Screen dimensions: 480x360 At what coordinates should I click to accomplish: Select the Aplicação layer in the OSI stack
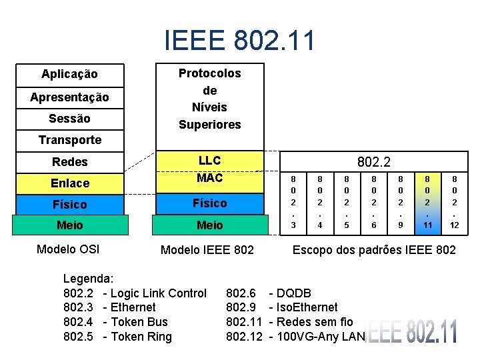69,74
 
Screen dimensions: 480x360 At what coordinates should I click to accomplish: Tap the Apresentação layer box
69,97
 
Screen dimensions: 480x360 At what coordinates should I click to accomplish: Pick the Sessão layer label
69,118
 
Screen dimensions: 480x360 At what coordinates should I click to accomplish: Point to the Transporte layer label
70,139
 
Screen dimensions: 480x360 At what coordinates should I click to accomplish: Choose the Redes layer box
70,161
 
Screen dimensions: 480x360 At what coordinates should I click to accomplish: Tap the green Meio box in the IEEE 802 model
210,225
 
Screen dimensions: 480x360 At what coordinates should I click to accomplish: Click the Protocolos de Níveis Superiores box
210,99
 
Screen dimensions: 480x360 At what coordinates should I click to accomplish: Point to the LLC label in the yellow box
210,161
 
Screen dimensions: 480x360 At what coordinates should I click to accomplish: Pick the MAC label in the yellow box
210,178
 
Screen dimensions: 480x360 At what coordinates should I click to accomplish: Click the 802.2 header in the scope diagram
373,161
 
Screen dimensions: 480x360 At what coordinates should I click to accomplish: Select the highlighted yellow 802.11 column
428,202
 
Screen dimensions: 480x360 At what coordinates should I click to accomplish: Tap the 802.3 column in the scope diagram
293,202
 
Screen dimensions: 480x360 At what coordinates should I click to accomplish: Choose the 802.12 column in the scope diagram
454,202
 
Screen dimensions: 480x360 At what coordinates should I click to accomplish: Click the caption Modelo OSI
68,249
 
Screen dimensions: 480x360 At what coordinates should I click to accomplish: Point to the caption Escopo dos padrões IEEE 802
375,250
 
